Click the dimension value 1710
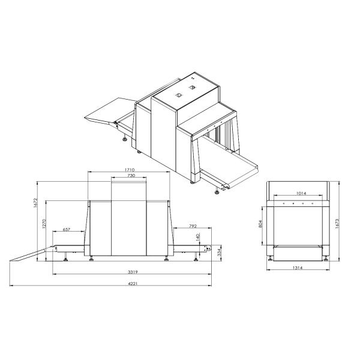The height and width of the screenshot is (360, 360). pos(129,170)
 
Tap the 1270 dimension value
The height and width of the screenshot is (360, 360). pos(44,224)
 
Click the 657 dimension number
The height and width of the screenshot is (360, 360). pos(66,230)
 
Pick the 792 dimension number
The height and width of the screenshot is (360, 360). pos(193,226)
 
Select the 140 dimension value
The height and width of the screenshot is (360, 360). pos(197,237)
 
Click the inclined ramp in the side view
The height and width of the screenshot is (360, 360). pos(30,254)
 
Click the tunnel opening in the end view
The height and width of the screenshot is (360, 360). pos(298,225)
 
